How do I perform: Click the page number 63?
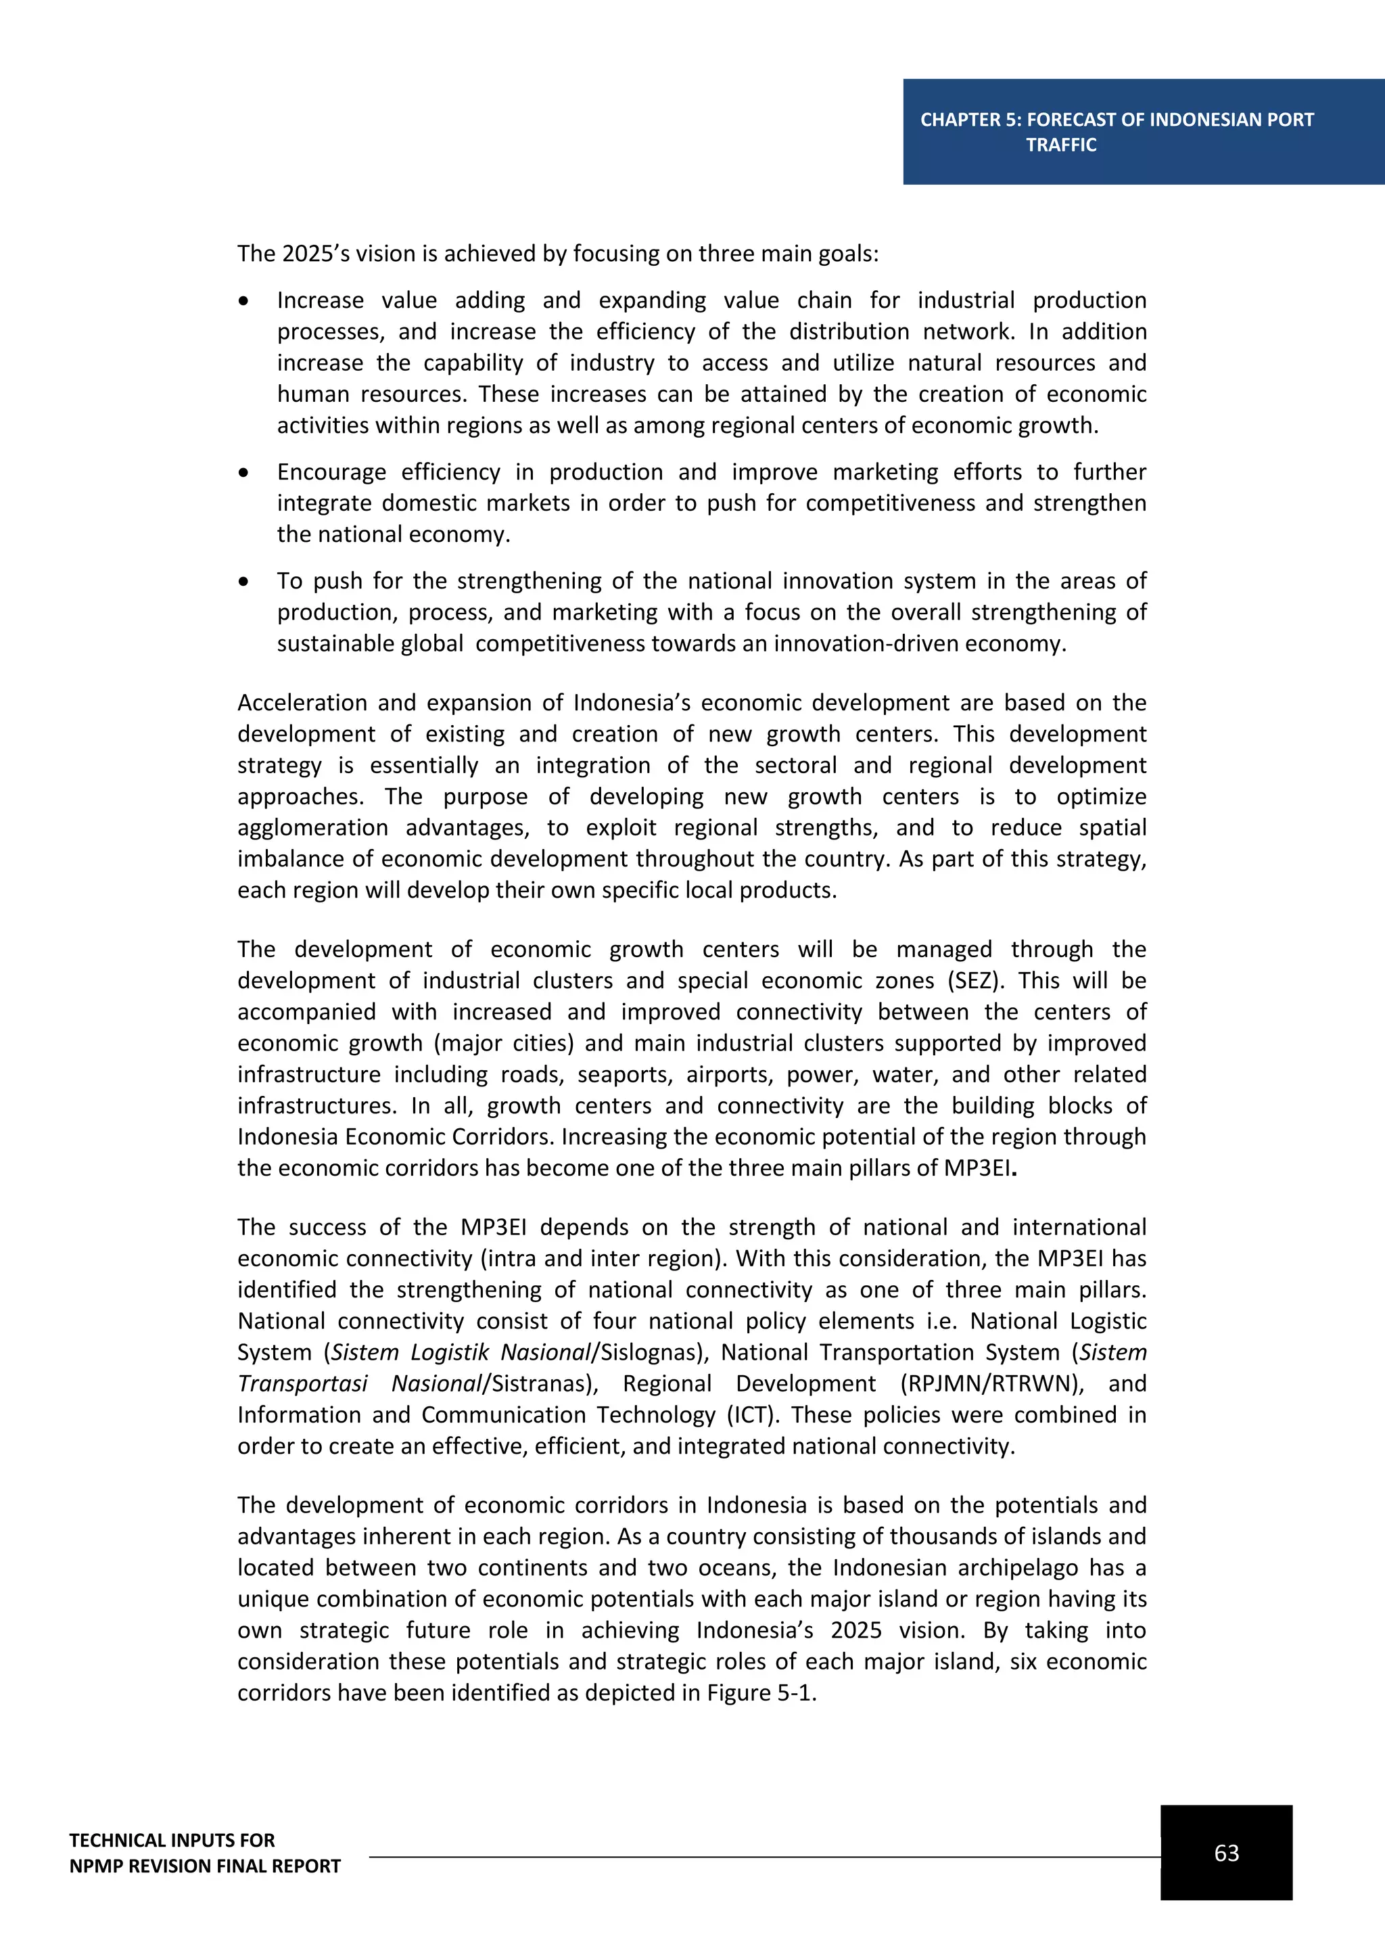[x=1225, y=1852]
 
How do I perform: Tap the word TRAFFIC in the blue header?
[x=1061, y=145]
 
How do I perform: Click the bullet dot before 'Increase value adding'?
[x=244, y=301]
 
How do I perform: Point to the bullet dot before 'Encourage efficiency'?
[x=244, y=473]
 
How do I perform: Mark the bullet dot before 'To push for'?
[x=244, y=582]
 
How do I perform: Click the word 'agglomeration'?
[x=312, y=827]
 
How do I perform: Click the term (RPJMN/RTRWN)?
[x=992, y=1383]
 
